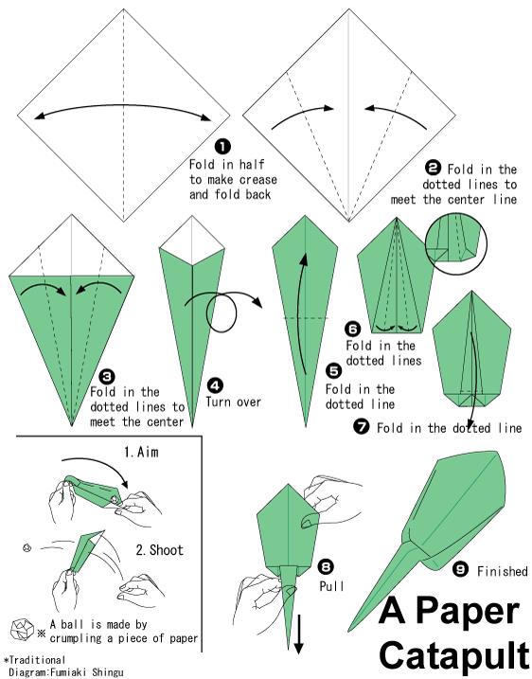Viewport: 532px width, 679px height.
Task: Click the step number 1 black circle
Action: (x=223, y=147)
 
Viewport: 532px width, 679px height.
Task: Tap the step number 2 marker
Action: (x=434, y=168)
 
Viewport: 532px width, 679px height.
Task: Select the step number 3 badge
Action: (x=106, y=376)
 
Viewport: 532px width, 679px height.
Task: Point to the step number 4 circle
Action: (x=215, y=385)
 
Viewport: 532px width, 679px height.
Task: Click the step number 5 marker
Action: (x=333, y=371)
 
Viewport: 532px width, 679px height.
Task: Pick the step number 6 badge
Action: (x=353, y=330)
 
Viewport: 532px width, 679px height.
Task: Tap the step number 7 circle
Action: (x=362, y=427)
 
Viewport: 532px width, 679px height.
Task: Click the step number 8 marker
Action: (x=326, y=566)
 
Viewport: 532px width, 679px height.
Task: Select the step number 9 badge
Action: (x=460, y=569)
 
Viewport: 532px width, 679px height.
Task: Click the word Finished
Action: (x=502, y=571)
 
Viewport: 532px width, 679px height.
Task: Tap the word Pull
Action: (x=331, y=586)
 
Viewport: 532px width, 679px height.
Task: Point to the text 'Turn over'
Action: (x=233, y=402)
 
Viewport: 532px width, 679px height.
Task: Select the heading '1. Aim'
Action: (x=141, y=452)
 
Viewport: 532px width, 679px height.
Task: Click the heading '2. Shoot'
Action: (x=159, y=550)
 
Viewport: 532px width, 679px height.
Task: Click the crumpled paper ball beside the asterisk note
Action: (x=22, y=630)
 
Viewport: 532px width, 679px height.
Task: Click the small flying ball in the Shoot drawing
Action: (x=27, y=547)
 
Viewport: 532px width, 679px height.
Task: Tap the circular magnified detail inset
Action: (x=456, y=243)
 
